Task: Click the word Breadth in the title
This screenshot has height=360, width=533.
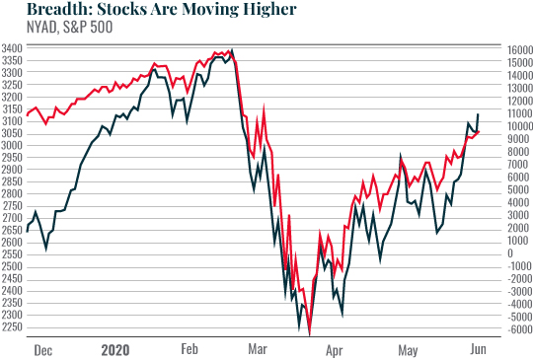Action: coord(37,11)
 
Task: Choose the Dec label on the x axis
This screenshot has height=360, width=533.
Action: coord(41,349)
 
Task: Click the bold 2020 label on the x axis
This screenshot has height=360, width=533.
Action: coord(115,349)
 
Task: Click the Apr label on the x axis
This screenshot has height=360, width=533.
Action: coord(337,349)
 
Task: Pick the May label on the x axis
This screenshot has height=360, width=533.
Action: coord(408,349)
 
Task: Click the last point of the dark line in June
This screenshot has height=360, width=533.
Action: coord(479,115)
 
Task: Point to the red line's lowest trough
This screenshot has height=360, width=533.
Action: coord(310,334)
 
